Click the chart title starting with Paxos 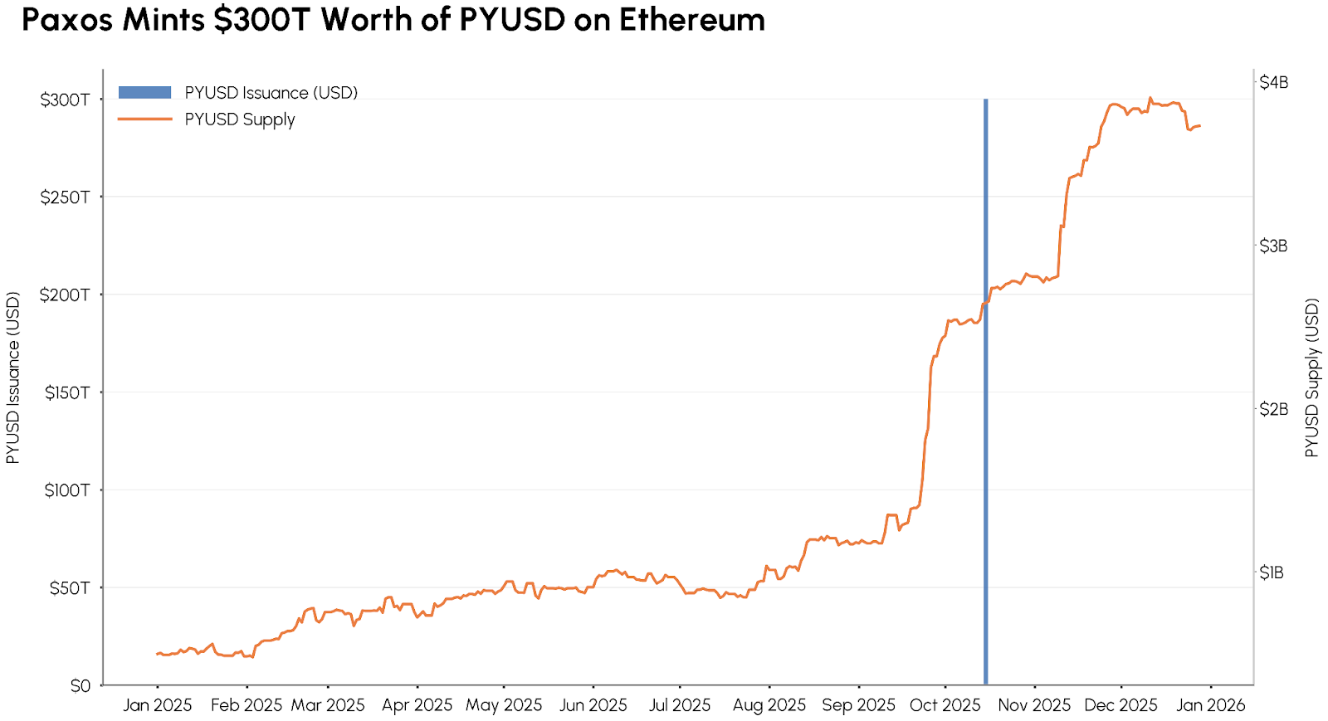(x=393, y=20)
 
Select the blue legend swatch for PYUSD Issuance (x=144, y=93)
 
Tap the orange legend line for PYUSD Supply (x=144, y=119)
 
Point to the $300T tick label (x=65, y=100)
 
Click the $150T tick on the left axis (x=66, y=392)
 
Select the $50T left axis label (x=69, y=588)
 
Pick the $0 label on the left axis (x=81, y=686)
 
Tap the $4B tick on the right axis (x=1273, y=82)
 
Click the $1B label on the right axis (x=1272, y=572)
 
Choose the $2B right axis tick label (x=1273, y=409)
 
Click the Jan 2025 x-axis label (x=158, y=705)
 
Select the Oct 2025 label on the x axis (x=945, y=705)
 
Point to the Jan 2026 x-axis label (x=1210, y=705)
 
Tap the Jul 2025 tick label (x=680, y=705)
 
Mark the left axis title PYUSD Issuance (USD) (x=12, y=378)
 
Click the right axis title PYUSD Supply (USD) (x=1311, y=378)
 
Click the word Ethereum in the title (x=691, y=20)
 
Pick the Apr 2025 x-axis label (x=417, y=705)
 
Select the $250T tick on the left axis (x=65, y=197)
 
